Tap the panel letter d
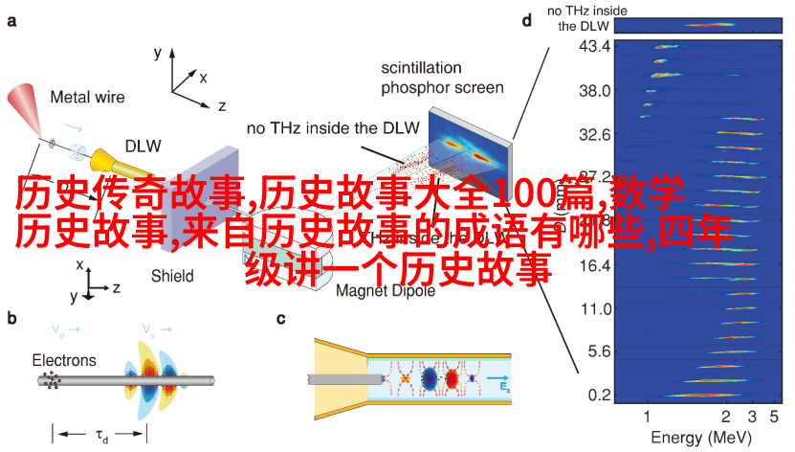click(527, 19)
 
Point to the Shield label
click(171, 276)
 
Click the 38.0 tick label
click(594, 90)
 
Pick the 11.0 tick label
click(594, 308)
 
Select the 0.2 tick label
click(598, 395)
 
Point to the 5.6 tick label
click(598, 351)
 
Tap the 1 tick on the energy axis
click(648, 417)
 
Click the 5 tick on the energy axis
click(776, 417)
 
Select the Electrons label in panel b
click(64, 360)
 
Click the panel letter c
click(280, 319)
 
